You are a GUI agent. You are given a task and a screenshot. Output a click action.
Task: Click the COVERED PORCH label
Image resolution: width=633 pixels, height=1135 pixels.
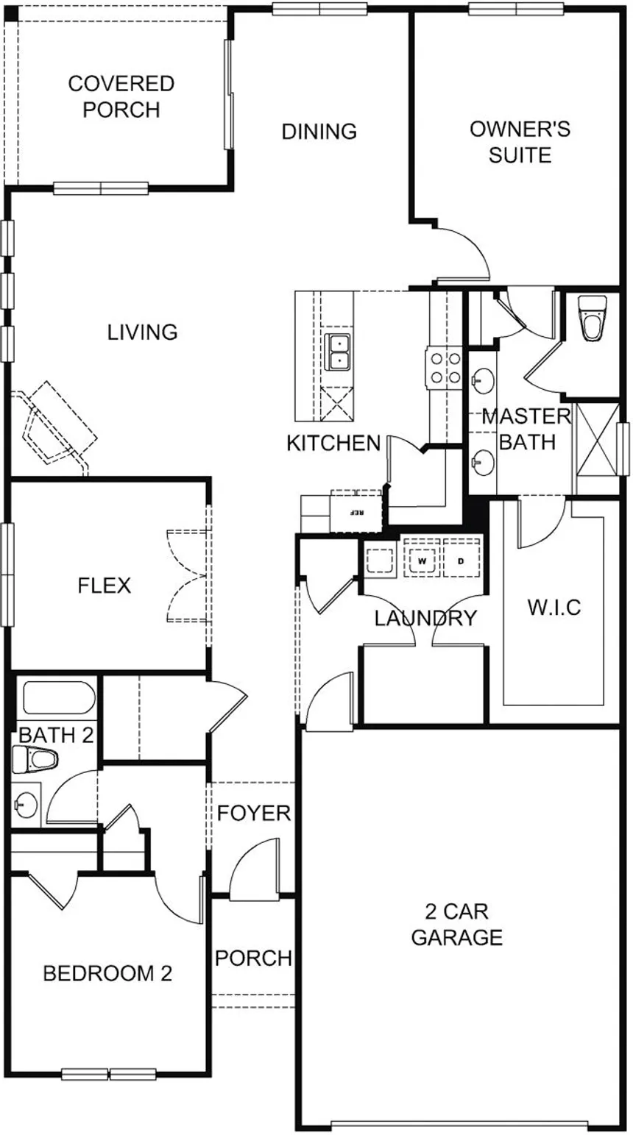121,96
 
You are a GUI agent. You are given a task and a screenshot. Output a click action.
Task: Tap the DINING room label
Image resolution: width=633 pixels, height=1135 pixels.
319,131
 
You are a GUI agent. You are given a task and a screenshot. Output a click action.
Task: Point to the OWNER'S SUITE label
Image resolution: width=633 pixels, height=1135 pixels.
520,142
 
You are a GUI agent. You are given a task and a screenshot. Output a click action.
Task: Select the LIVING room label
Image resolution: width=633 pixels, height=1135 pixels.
143,332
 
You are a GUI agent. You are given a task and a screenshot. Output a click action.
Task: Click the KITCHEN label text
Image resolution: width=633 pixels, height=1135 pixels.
333,444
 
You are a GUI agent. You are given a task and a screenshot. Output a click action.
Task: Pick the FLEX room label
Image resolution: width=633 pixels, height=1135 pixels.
104,586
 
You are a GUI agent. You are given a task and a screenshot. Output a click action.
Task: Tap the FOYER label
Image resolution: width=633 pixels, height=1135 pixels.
254,814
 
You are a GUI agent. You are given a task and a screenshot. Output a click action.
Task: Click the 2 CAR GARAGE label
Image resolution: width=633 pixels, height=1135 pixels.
456,924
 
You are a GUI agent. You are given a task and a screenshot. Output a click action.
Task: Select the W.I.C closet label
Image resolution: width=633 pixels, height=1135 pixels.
554,607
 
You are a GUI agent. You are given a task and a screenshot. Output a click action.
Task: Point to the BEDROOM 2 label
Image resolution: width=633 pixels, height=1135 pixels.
107,973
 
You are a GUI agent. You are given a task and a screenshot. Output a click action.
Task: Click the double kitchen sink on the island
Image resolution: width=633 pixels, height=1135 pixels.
339,352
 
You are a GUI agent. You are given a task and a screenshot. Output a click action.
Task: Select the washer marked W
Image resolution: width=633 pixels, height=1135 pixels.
422,561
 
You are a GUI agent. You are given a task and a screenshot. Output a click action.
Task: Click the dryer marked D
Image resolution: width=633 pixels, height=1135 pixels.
461,561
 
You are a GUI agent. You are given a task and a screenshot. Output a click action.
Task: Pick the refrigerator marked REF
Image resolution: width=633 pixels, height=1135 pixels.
356,510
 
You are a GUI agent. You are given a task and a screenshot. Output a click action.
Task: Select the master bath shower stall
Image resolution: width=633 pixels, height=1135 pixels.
598,439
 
